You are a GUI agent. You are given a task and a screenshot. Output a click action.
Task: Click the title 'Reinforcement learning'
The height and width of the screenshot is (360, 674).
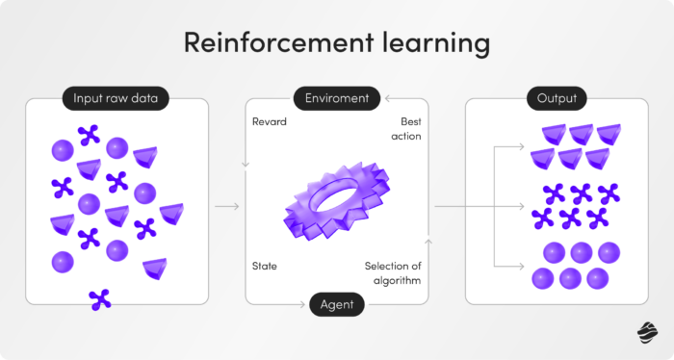pyautogui.click(x=337, y=44)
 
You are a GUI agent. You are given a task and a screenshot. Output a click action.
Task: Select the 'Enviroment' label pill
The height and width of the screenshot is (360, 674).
pyautogui.click(x=336, y=98)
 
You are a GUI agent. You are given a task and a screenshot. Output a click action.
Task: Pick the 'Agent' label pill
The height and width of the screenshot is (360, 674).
pyautogui.click(x=337, y=305)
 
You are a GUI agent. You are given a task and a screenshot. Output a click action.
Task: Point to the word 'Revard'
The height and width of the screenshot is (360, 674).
pyautogui.click(x=269, y=122)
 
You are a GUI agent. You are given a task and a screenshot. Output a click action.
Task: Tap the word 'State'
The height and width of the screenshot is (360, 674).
pyautogui.click(x=265, y=265)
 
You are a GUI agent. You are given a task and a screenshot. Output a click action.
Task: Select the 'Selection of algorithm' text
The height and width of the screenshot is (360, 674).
pyautogui.click(x=393, y=272)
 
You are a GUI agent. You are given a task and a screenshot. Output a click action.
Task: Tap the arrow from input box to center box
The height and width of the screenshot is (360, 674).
pyautogui.click(x=227, y=206)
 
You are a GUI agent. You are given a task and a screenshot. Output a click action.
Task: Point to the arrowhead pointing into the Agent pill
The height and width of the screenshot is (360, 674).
pyautogui.click(x=305, y=305)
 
